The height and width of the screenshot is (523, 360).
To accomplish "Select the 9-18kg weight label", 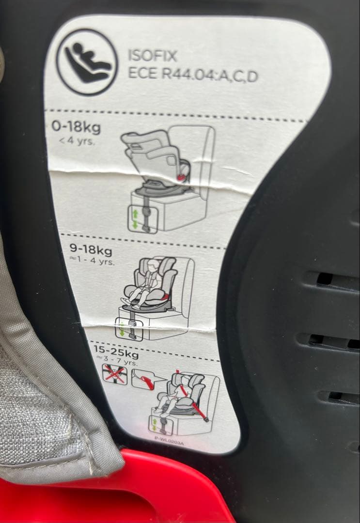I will (x=91, y=251).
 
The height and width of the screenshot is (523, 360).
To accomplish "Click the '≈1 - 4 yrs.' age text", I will (x=92, y=262).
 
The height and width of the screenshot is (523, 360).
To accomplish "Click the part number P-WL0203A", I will (x=170, y=440).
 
